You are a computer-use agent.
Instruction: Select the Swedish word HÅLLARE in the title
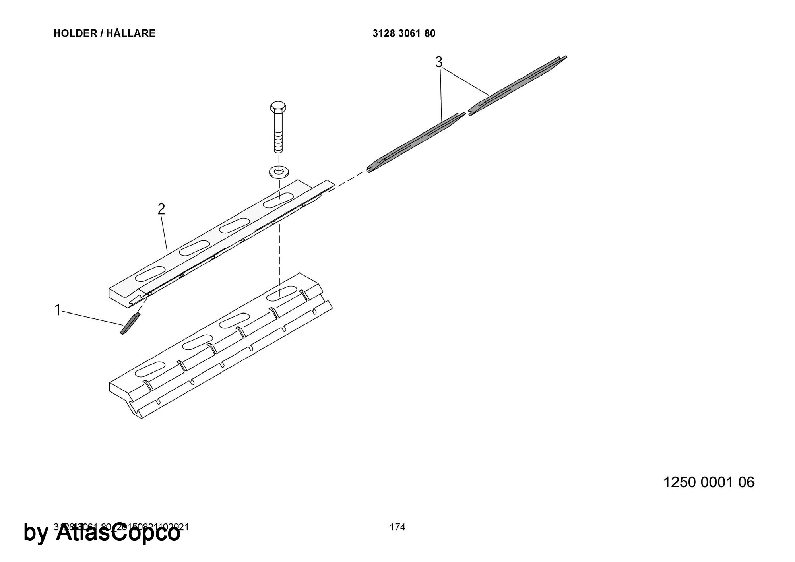pyautogui.click(x=131, y=33)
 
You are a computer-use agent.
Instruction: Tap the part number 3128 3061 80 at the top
pyautogui.click(x=404, y=33)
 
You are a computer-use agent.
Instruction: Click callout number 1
pyautogui.click(x=58, y=310)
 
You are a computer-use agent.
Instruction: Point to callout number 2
pyautogui.click(x=161, y=209)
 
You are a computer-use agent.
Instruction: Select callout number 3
pyautogui.click(x=439, y=62)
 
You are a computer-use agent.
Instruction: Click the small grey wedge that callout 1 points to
pyautogui.click(x=130, y=323)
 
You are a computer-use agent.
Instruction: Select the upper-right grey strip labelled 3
pyautogui.click(x=517, y=85)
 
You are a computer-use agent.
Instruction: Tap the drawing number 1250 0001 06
pyautogui.click(x=709, y=482)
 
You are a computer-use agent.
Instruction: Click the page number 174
pyautogui.click(x=397, y=527)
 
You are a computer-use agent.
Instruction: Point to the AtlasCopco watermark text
pyautogui.click(x=118, y=533)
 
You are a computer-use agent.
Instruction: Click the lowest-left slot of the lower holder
pyautogui.click(x=150, y=370)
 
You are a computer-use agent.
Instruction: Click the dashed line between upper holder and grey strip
pyautogui.click(x=350, y=180)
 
